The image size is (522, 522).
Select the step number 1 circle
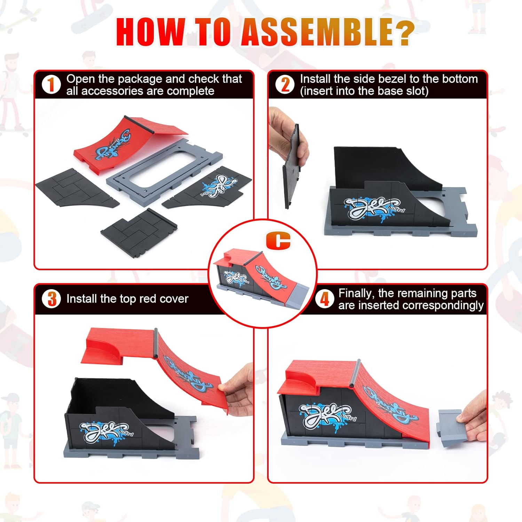51,85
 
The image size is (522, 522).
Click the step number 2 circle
285,85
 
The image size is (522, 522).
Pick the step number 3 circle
52,299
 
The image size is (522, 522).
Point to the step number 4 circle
324,299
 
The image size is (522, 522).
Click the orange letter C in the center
278,240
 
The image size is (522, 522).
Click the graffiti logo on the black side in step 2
374,209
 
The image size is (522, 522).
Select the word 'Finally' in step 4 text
356,293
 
